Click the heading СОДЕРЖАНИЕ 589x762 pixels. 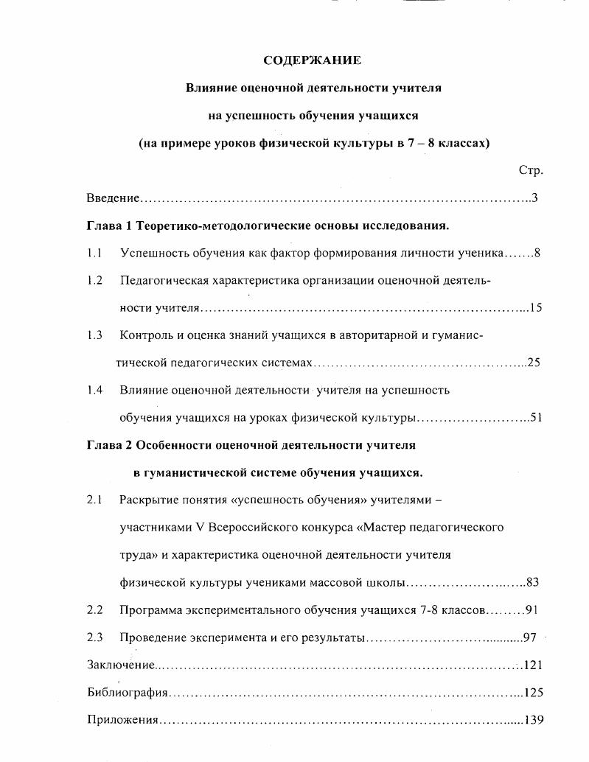312,60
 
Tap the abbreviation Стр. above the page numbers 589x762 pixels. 531,170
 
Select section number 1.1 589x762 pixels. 94,253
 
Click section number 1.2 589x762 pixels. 94,280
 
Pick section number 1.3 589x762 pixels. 94,335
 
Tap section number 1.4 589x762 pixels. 94,390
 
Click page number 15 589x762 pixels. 535,307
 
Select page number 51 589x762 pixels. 536,417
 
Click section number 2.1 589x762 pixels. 94,500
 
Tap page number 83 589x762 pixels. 533,582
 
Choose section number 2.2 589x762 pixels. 94,609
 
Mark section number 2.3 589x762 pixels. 94,637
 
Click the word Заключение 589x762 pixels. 121,665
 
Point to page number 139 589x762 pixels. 534,719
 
